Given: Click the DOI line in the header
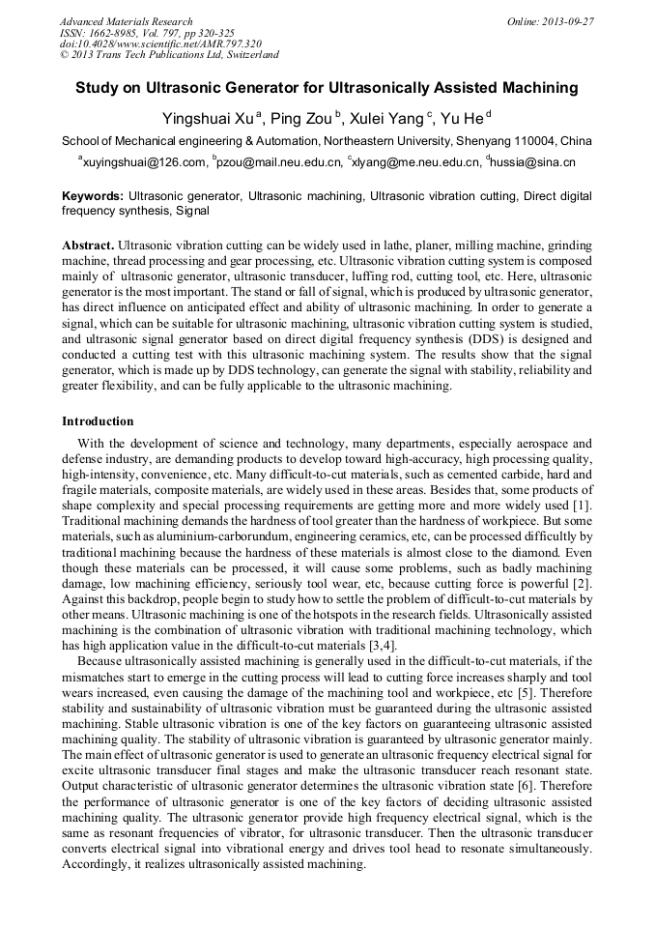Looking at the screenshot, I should [x=159, y=43].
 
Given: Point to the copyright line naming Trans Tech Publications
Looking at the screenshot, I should [x=169, y=55].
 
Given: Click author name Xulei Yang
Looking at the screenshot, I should [x=388, y=118].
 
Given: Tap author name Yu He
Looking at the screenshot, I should [x=462, y=118].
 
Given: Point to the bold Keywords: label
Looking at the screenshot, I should [x=93, y=195].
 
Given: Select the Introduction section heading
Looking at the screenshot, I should [x=98, y=421].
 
